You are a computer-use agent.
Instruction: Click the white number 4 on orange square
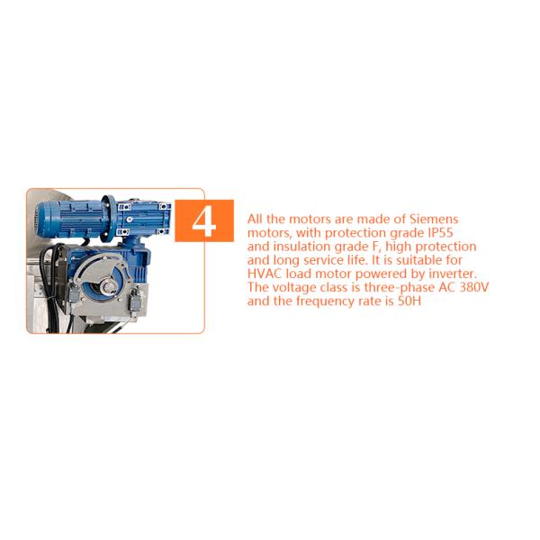pos(204,220)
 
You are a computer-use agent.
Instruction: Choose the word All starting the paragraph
pos(256,219)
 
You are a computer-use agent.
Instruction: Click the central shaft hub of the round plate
pos(107,285)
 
